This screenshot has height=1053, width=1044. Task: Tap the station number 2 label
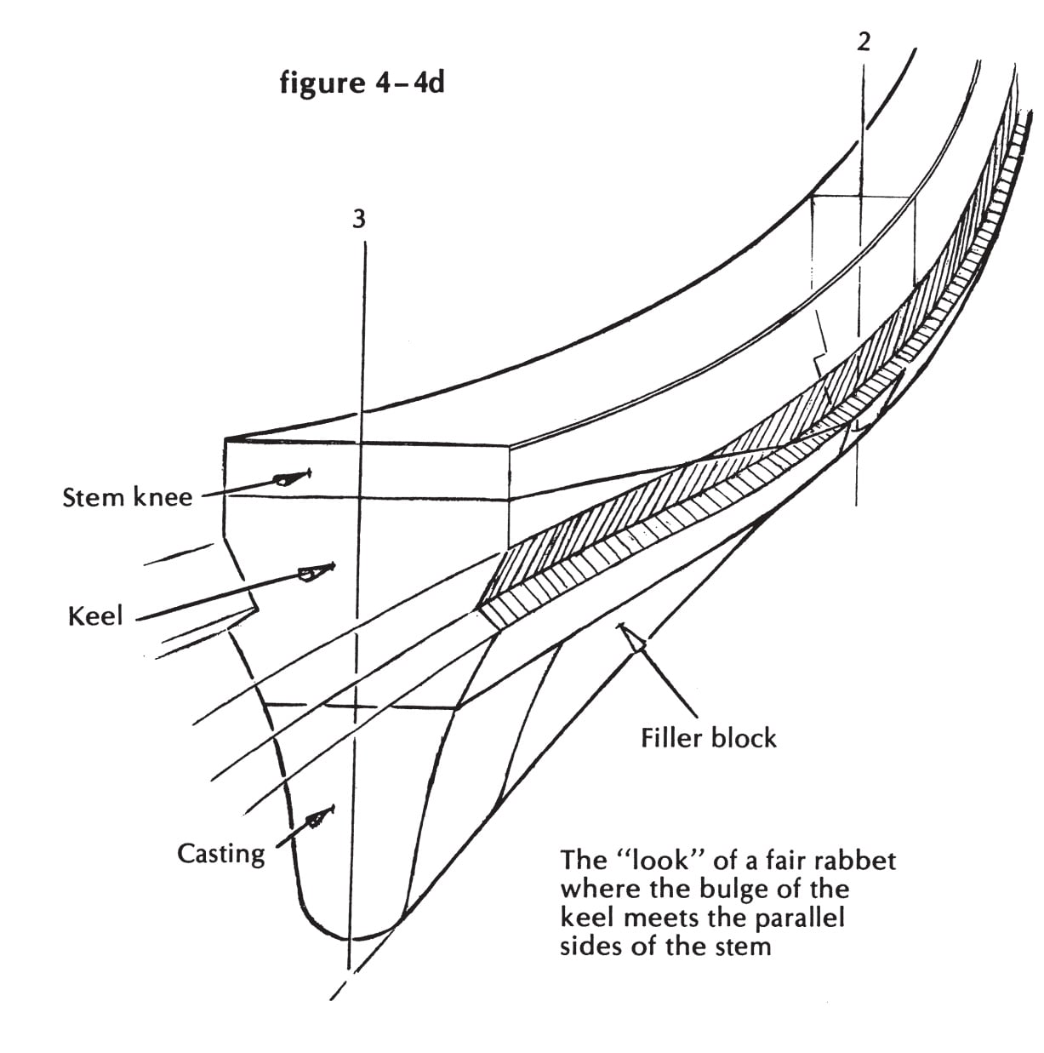pos(863,42)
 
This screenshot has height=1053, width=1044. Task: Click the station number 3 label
pos(358,219)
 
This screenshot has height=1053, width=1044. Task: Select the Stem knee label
pos(128,497)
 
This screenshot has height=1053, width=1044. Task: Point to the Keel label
pos(95,615)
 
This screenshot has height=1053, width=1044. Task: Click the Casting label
pos(220,854)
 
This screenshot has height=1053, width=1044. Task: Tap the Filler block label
pos(708,738)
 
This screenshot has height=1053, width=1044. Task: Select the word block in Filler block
pos(744,738)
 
